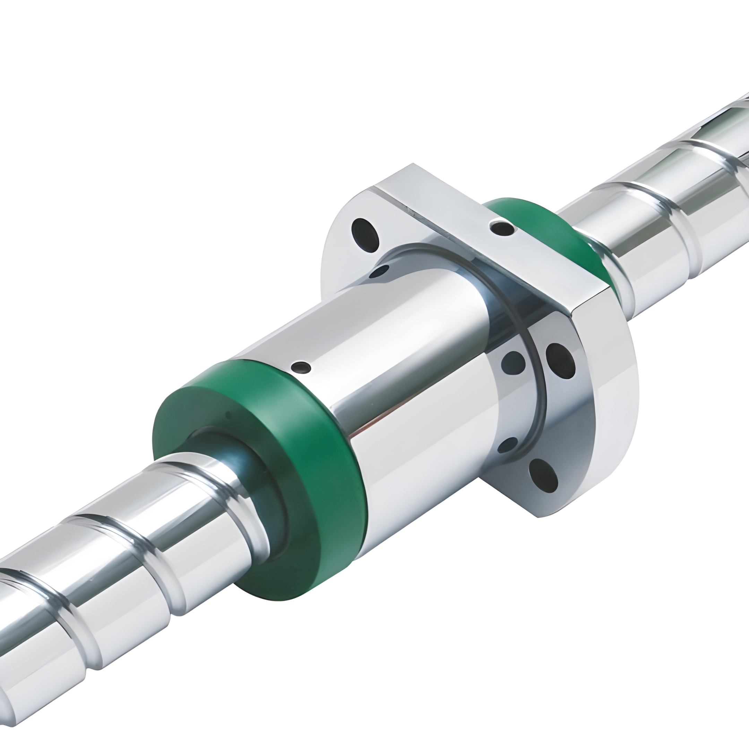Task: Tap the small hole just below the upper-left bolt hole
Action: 378,272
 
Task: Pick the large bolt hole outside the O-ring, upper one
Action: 561,361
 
